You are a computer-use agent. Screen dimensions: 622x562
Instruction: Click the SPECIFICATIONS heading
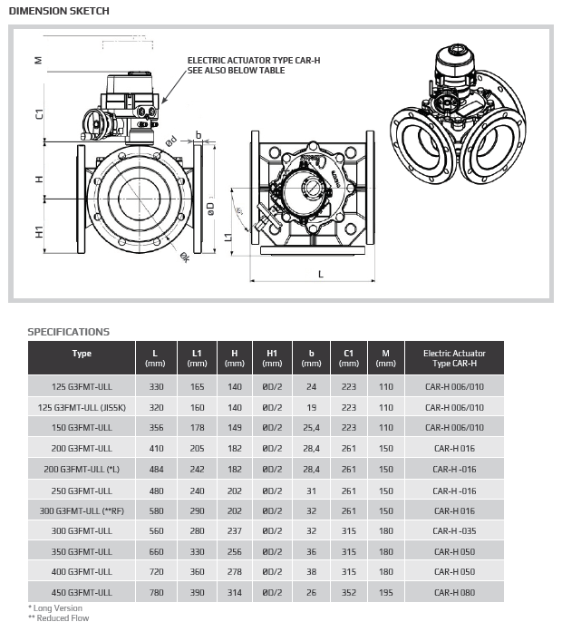click(68, 332)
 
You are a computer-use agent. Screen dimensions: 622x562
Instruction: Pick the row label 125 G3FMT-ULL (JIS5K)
click(82, 407)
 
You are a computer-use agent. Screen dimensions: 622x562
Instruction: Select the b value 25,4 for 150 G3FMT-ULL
click(311, 428)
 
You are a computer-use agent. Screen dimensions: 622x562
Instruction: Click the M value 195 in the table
click(387, 592)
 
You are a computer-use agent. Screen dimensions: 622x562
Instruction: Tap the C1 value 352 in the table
click(349, 592)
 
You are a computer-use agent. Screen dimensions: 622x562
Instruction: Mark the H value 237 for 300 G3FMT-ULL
click(235, 530)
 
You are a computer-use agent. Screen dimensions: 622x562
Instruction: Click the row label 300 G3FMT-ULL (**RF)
click(82, 510)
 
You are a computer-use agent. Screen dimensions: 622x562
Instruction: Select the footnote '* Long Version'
click(55, 608)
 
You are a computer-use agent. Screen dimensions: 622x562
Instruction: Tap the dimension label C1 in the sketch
click(39, 115)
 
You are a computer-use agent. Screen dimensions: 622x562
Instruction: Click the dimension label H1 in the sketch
click(39, 232)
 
